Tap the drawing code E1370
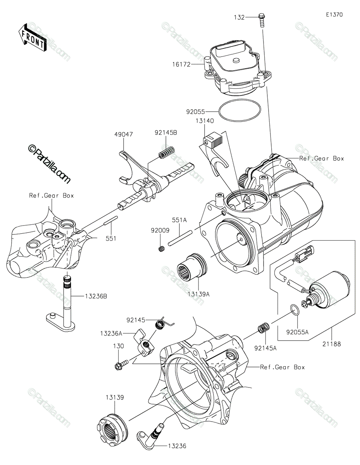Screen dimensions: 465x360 pos(334,15)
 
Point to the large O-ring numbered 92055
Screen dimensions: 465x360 pos(239,111)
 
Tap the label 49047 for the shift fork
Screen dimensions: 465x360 pos(124,135)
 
